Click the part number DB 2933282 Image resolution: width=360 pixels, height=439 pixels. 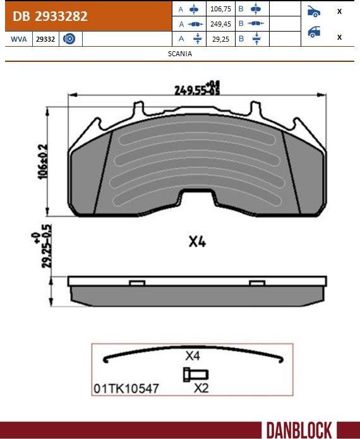[50, 16]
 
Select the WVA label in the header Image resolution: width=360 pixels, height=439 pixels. [18, 39]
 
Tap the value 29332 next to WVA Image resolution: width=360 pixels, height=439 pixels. [45, 39]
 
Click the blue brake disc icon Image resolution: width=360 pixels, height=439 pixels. [69, 39]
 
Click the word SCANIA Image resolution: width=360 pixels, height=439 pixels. [180, 54]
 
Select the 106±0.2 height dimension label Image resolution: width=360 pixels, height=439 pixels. [42, 161]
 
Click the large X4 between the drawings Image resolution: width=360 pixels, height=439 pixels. [198, 242]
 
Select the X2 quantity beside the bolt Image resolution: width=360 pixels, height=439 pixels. [201, 388]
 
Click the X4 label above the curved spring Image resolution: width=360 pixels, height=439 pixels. [193, 356]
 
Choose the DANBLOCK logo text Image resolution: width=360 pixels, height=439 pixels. [298, 430]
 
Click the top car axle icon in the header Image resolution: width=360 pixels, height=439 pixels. [313, 11]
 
